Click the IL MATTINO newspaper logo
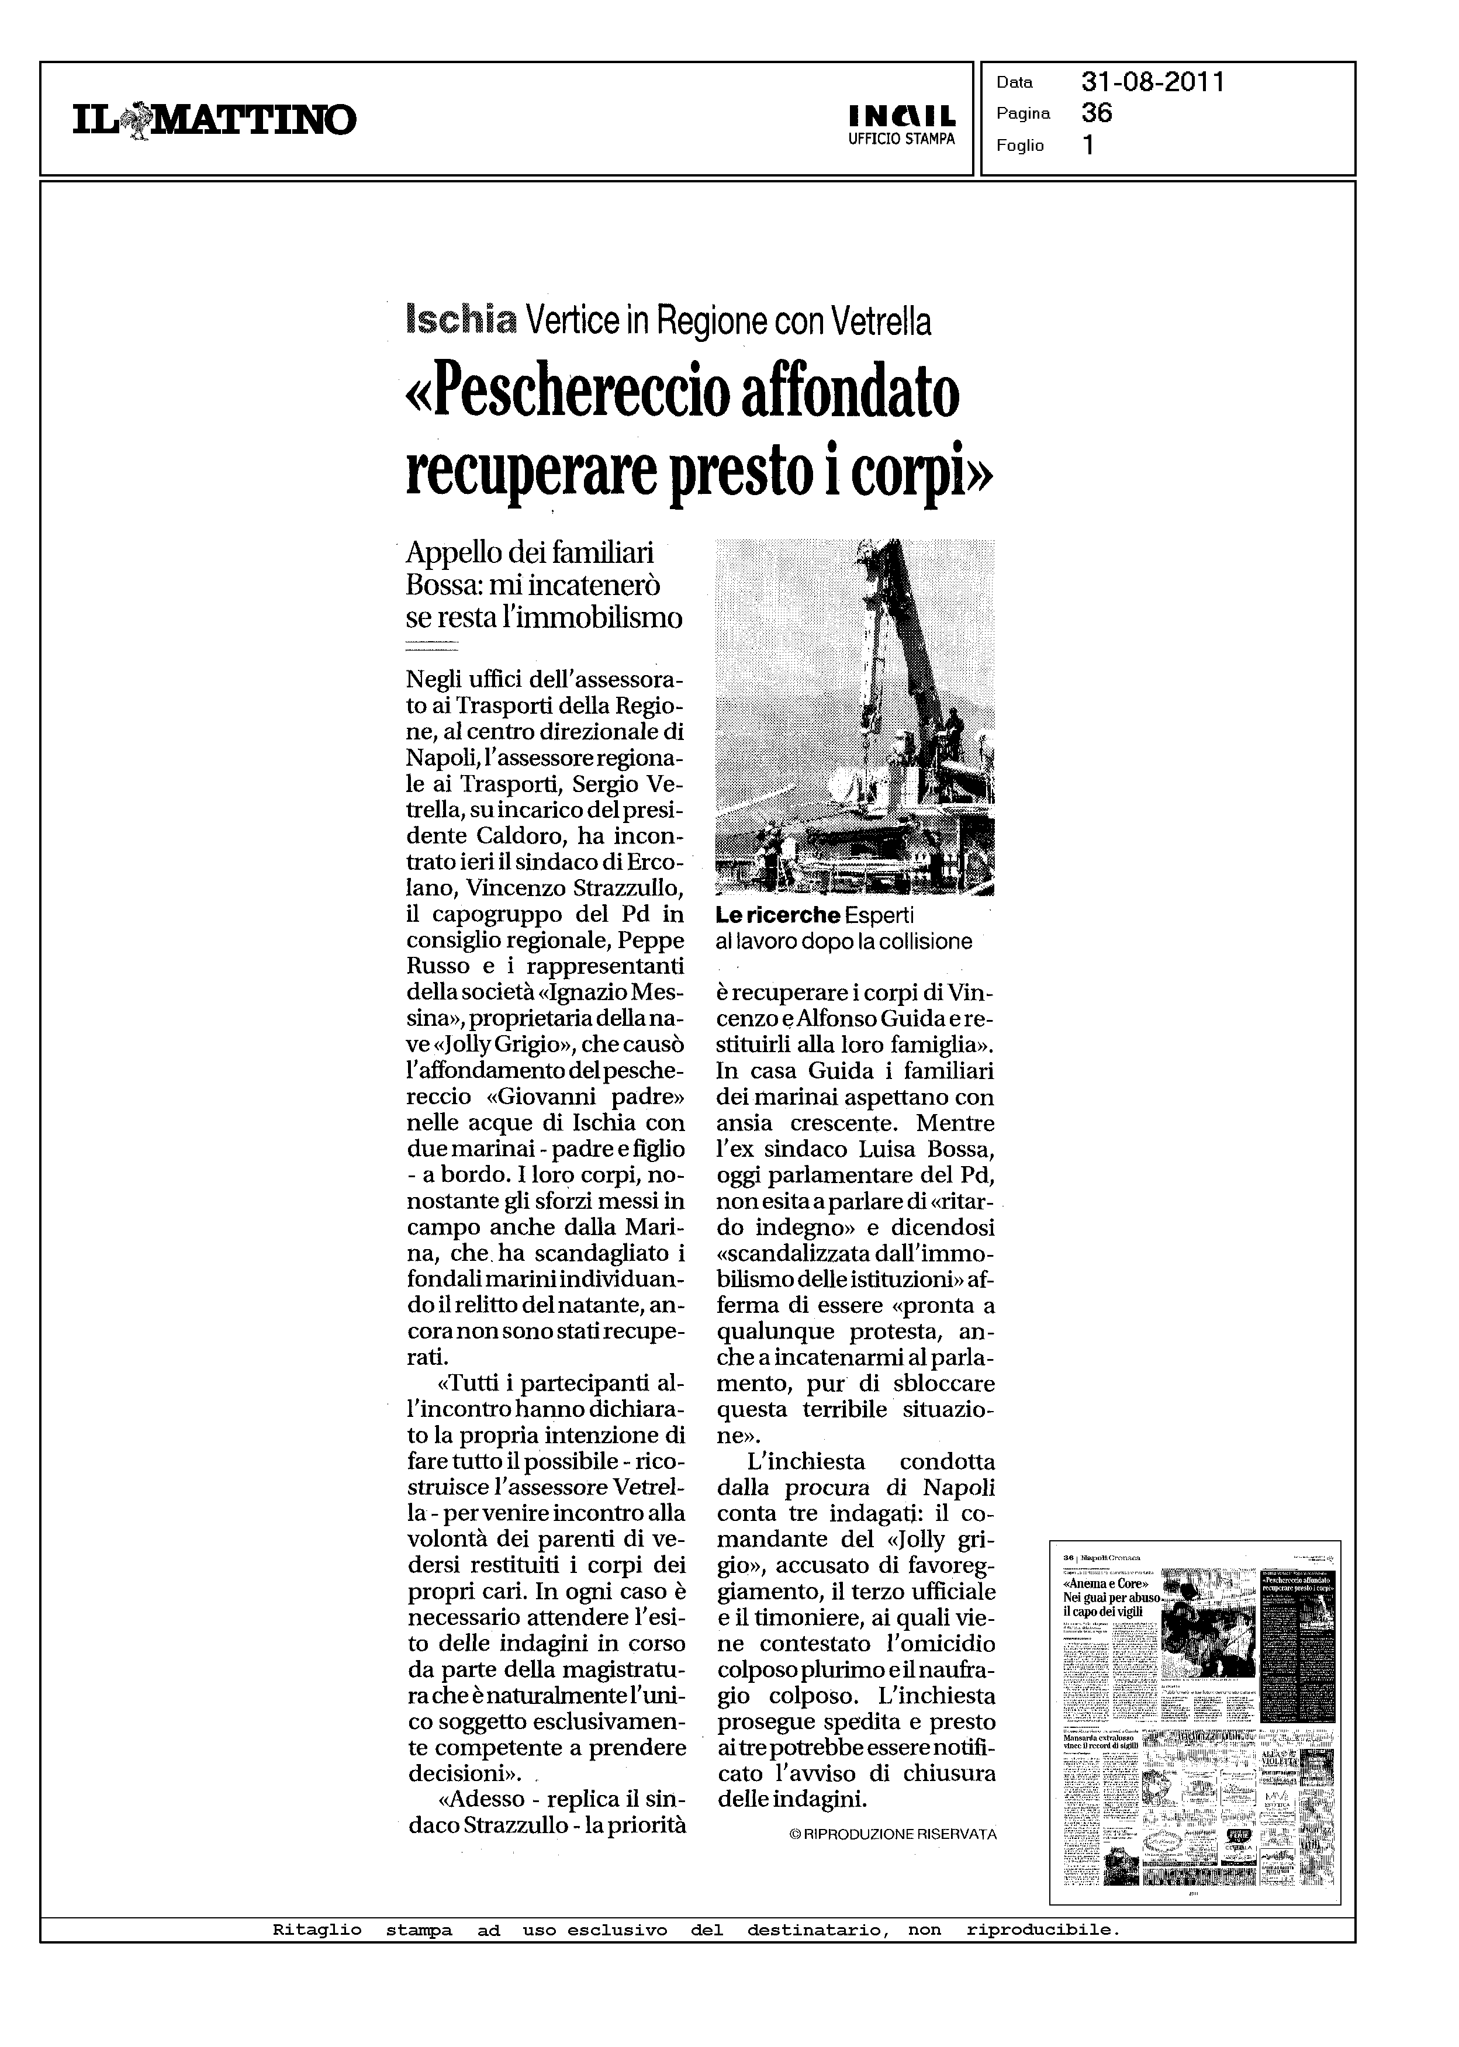215,119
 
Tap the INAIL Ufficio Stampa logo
901,125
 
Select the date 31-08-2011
1153,82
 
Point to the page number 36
1097,113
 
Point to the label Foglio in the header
1019,146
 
